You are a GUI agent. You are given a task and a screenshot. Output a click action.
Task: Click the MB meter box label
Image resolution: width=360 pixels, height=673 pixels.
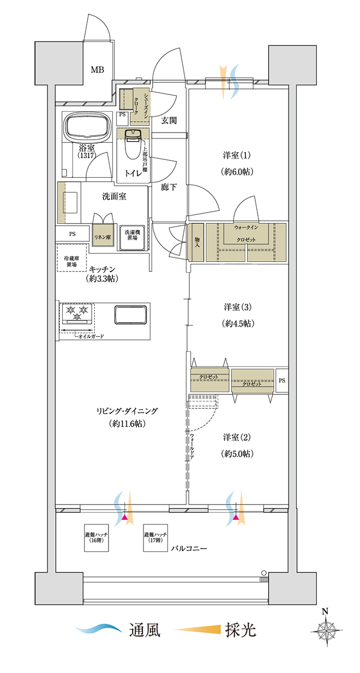click(97, 70)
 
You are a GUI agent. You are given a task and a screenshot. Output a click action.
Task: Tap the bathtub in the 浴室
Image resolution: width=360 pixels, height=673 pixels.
click(87, 127)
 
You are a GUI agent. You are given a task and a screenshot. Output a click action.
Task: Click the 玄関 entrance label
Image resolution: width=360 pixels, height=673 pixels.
click(169, 121)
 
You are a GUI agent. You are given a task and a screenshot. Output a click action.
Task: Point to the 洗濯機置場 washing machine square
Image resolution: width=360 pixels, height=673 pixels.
click(133, 238)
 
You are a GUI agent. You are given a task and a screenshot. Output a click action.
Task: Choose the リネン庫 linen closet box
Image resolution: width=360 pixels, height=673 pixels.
click(103, 237)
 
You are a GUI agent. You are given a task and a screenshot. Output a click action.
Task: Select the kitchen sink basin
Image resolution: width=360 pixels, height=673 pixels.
click(130, 315)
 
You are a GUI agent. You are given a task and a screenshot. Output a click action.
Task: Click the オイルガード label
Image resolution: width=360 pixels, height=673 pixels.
click(91, 336)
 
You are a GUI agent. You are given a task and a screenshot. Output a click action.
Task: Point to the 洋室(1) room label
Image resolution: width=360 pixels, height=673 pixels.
click(237, 155)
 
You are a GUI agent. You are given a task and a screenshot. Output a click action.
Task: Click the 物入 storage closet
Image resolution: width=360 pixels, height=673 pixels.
click(197, 242)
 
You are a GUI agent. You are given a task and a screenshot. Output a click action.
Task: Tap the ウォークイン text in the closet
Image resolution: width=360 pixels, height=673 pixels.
click(246, 227)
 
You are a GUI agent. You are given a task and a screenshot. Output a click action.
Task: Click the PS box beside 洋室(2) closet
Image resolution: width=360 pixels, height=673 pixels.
click(282, 380)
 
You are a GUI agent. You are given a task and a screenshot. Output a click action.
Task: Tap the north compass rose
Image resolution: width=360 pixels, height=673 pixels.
click(326, 629)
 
